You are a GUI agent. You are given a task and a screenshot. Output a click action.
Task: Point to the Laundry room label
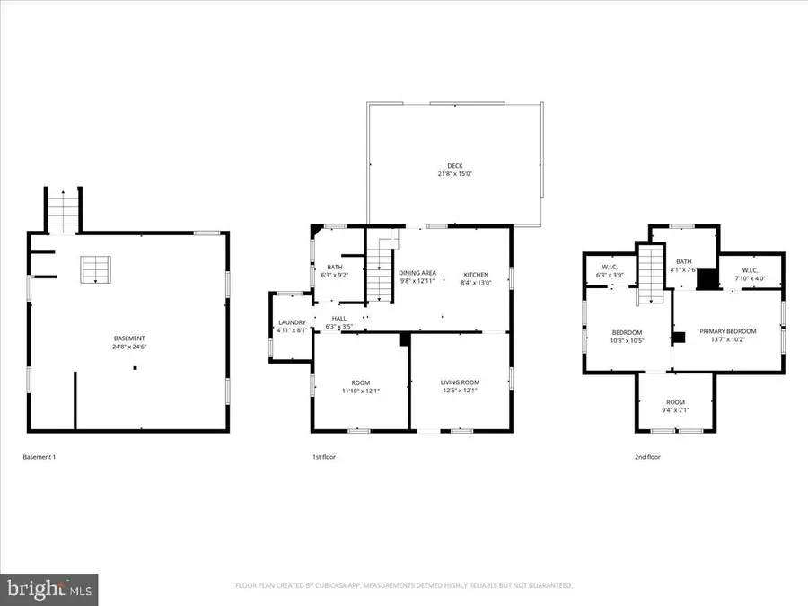click(293, 322)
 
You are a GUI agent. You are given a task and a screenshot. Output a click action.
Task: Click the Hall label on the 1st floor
click(339, 318)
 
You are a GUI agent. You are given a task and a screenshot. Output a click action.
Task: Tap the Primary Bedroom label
click(728, 330)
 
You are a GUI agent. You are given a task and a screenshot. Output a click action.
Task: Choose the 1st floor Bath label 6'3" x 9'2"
click(334, 267)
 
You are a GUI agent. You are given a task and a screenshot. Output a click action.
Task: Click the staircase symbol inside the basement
click(93, 269)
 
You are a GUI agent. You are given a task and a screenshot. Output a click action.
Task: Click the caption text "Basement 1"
click(39, 457)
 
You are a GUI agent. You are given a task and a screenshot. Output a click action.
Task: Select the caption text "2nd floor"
click(647, 457)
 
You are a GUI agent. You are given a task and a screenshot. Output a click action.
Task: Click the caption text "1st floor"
click(324, 457)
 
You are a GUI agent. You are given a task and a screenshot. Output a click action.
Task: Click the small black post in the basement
click(135, 368)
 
